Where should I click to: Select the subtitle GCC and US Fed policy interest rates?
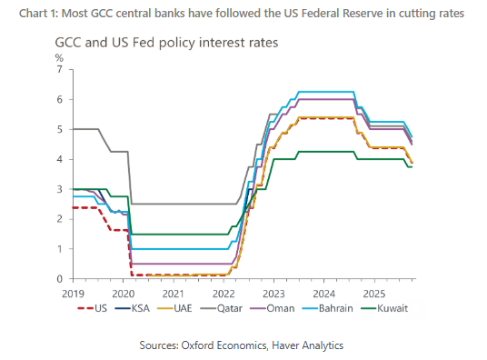tap(166, 43)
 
